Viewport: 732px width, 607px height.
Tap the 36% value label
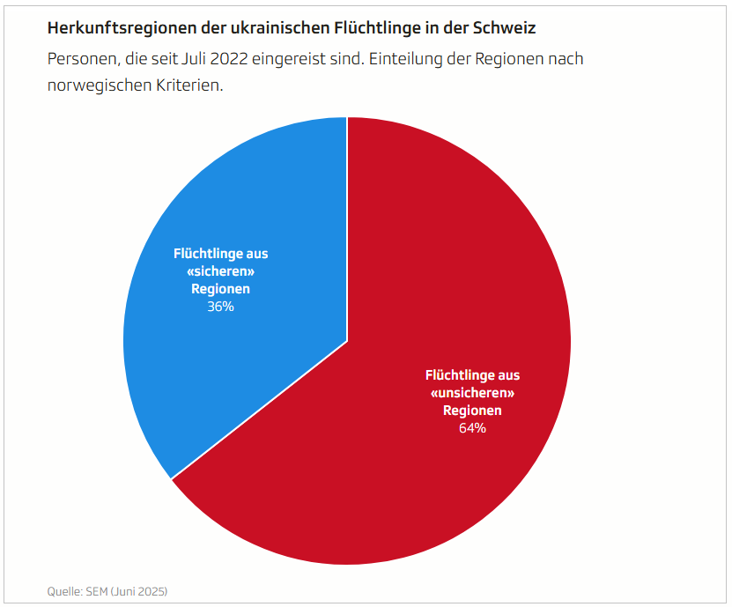pyautogui.click(x=221, y=307)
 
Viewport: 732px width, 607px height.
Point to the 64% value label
pyautogui.click(x=472, y=428)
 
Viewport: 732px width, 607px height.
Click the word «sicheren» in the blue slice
pyautogui.click(x=221, y=271)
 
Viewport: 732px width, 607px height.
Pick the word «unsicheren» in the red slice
pyautogui.click(x=472, y=393)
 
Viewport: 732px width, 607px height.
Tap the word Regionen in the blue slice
pyautogui.click(x=221, y=289)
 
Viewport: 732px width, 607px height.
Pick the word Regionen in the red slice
pyautogui.click(x=472, y=411)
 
